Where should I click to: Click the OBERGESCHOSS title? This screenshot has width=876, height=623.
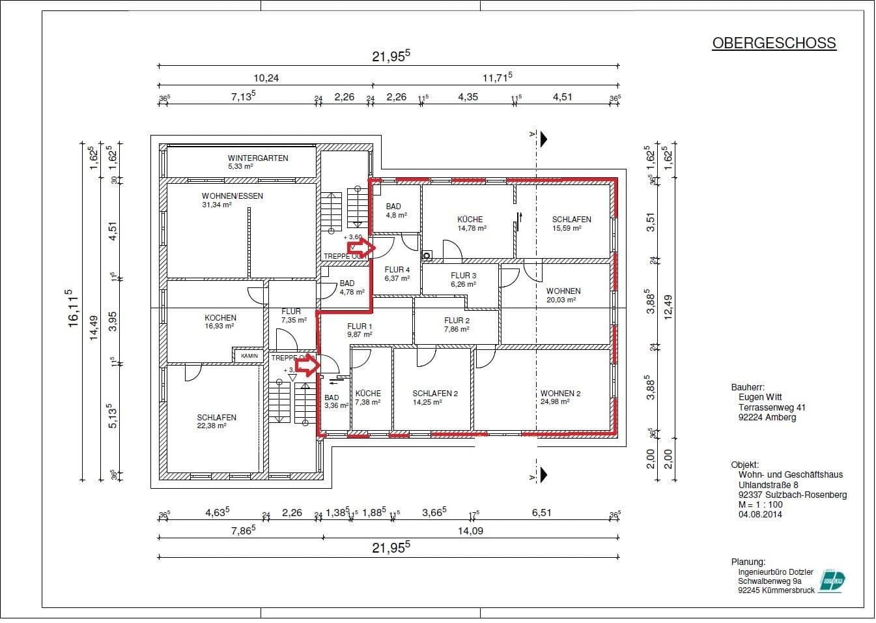pos(774,43)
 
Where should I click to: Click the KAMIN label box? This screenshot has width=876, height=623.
pos(249,356)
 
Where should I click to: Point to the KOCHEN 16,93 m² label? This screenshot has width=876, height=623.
pos(220,321)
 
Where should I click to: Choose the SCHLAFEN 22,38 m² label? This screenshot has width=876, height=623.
pos(216,421)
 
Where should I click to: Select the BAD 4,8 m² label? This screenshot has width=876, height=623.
pos(394,210)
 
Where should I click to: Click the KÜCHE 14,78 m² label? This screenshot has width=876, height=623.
pos(470,224)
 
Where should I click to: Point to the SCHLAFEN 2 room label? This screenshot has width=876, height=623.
pos(435,397)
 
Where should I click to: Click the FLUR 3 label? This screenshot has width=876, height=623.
pos(463,280)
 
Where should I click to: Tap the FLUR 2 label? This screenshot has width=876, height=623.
pos(457,325)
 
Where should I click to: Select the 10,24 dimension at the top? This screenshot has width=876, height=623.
pos(266,78)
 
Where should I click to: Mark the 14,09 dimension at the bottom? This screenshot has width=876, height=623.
pos(470,530)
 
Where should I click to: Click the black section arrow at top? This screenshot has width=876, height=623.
pos(543,139)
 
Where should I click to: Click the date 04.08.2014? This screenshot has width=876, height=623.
pos(760,514)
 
